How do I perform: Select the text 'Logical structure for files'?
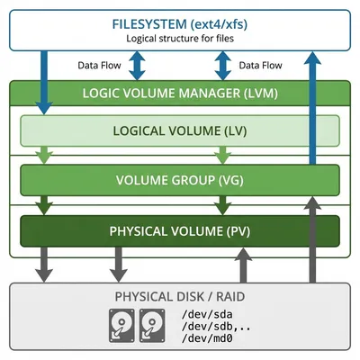pos(180,38)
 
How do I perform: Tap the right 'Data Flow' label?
pos(260,66)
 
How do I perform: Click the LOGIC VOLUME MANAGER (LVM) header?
pos(180,93)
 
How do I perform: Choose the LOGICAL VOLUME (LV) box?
pos(180,130)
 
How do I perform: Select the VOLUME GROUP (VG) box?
pos(180,179)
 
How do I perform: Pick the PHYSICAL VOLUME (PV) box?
pos(180,230)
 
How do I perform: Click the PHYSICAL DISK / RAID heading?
pos(180,296)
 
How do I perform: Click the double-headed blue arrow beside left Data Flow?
pos(138,66)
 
